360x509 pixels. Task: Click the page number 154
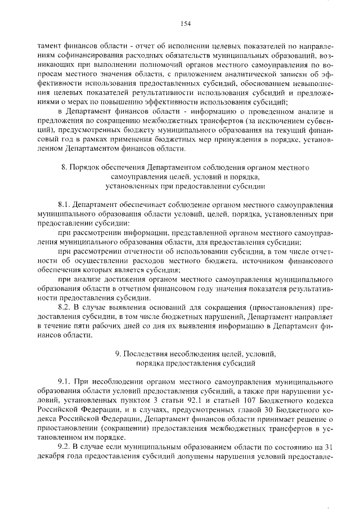tap(186, 22)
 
